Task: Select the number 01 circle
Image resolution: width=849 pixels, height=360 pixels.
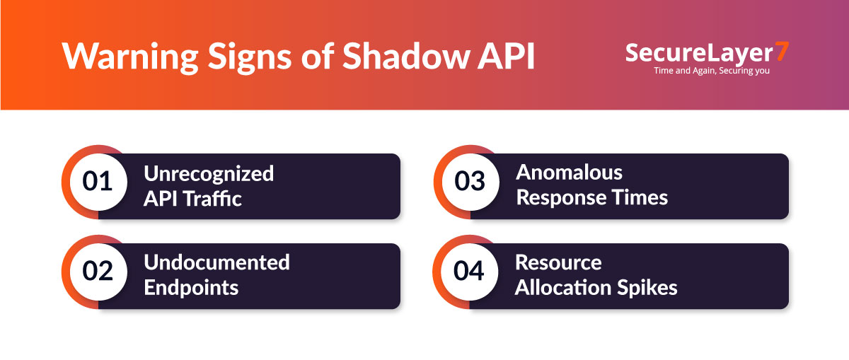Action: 98,182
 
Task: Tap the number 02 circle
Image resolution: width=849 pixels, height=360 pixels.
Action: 98,272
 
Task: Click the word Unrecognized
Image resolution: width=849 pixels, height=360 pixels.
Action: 209,173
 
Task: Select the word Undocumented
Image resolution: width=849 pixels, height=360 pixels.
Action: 216,262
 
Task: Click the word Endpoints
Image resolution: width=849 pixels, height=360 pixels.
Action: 191,288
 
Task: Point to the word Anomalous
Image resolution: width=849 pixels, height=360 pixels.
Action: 569,173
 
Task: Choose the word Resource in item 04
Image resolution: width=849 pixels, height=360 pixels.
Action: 558,262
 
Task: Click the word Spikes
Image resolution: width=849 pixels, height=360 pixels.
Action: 647,288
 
